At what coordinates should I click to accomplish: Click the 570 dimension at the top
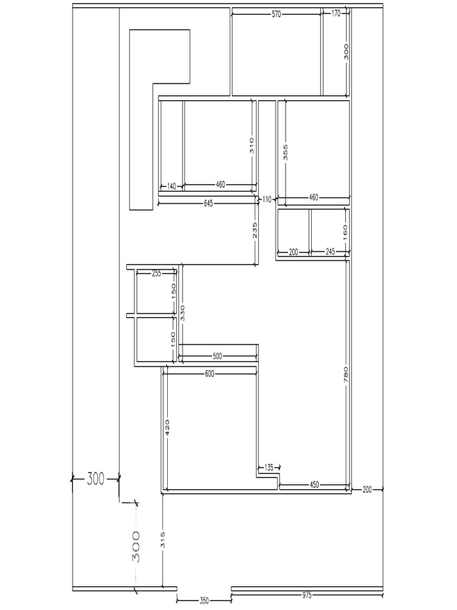pos(276,14)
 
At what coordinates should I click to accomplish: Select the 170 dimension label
pos(336,14)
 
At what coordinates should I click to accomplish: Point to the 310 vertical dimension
pos(252,145)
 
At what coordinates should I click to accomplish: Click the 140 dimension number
pos(171,186)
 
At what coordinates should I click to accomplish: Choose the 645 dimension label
pos(208,204)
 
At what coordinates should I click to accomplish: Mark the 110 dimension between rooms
pos(267,200)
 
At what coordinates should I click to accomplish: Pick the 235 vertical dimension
pos(255,231)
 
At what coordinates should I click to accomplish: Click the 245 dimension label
pos(330,252)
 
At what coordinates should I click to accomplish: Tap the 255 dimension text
pos(156,273)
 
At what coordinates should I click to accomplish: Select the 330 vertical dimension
pos(183,313)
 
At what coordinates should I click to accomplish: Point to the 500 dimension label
pos(218,356)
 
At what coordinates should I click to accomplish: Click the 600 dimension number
pos(209,374)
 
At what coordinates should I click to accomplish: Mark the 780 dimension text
pos(346,375)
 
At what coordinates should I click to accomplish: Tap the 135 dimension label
pos(269,468)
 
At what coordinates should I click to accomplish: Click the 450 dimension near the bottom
pos(314,485)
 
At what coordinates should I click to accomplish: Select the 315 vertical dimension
pos(163,540)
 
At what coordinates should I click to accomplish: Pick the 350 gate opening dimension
pos(205,600)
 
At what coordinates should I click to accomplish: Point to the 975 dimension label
pos(307,595)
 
